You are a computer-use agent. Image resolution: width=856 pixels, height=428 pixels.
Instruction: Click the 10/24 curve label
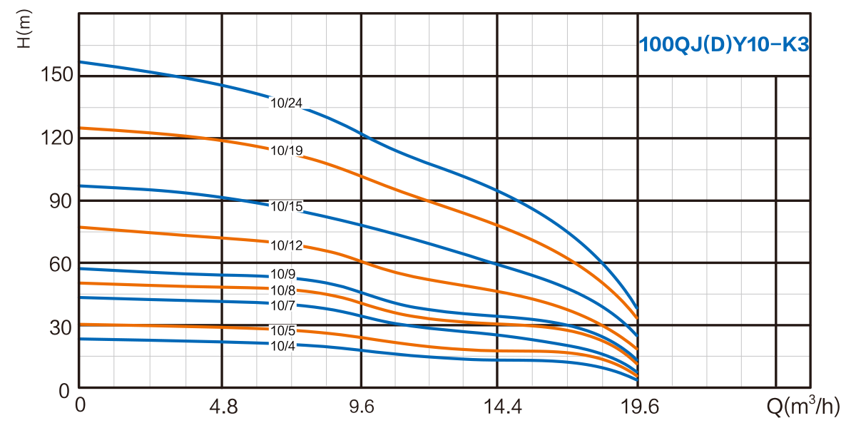pos(287,103)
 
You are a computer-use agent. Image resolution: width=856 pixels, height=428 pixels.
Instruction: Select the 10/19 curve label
pos(287,151)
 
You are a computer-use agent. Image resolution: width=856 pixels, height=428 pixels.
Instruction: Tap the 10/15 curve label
pos(287,207)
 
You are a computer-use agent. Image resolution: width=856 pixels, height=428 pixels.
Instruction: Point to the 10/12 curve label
pos(287,246)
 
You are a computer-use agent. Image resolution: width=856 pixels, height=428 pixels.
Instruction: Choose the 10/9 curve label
pos(284,275)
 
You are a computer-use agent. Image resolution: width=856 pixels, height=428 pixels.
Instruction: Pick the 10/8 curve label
pos(284,290)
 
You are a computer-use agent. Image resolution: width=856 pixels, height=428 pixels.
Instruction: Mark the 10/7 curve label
pos(284,305)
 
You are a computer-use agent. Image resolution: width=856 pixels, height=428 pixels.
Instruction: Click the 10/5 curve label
pos(284,331)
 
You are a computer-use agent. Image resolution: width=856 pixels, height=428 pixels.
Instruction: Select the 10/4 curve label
pos(284,346)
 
